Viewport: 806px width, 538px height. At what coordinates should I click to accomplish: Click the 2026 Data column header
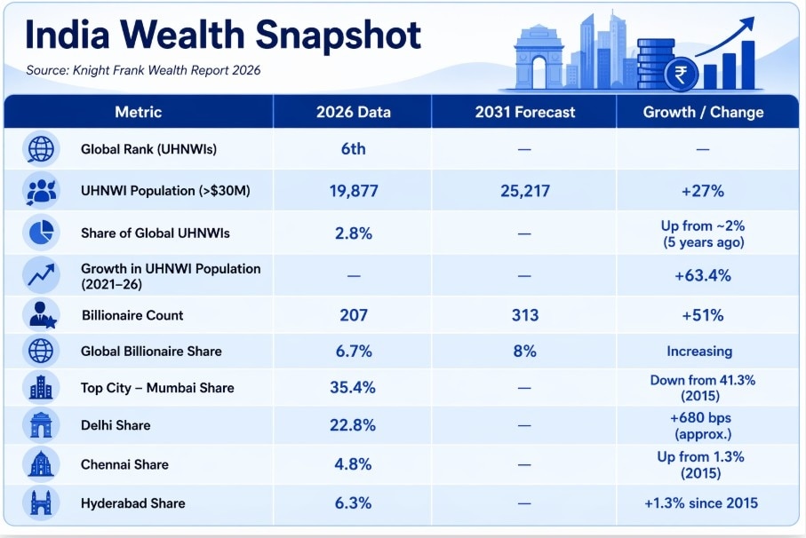(353, 112)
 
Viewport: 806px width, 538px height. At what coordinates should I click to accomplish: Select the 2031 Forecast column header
(524, 112)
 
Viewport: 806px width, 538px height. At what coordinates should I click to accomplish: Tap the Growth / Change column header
(702, 112)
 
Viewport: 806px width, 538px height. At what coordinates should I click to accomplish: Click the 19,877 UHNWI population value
(353, 190)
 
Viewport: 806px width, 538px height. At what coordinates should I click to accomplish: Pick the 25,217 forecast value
(524, 190)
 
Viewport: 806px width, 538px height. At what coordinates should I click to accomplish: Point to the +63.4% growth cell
(702, 275)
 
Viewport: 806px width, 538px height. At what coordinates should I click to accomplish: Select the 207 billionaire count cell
(353, 315)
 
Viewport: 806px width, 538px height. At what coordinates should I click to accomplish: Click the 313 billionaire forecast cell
(524, 315)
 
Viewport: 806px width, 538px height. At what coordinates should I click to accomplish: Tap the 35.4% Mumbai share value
(353, 387)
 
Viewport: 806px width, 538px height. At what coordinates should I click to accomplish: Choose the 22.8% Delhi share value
(353, 425)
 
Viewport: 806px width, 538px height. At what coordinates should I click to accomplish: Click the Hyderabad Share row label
(132, 503)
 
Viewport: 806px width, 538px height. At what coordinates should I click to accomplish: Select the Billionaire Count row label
(132, 315)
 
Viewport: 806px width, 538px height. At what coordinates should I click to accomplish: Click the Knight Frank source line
(143, 70)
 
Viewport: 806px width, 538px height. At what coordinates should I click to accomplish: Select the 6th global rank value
(353, 149)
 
